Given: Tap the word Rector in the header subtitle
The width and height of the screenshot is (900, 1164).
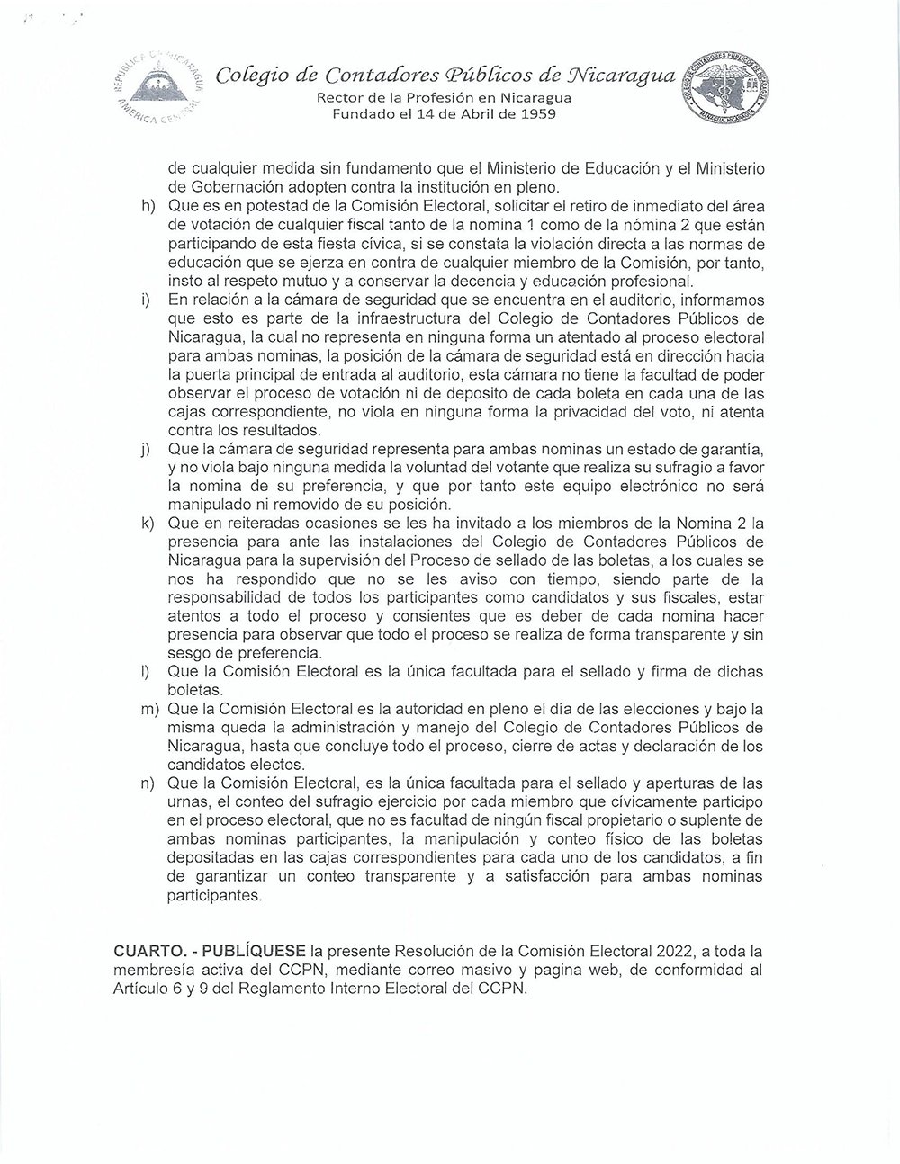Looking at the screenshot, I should [344, 98].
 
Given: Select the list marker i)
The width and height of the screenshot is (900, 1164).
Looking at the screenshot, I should [146, 300].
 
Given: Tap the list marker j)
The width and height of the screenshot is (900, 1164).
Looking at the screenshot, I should [146, 449].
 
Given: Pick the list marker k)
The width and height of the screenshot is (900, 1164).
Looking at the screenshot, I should [148, 524].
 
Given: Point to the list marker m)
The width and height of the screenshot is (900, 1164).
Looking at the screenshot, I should [149, 710].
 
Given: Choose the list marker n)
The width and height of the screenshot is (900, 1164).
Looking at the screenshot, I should [148, 783].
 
